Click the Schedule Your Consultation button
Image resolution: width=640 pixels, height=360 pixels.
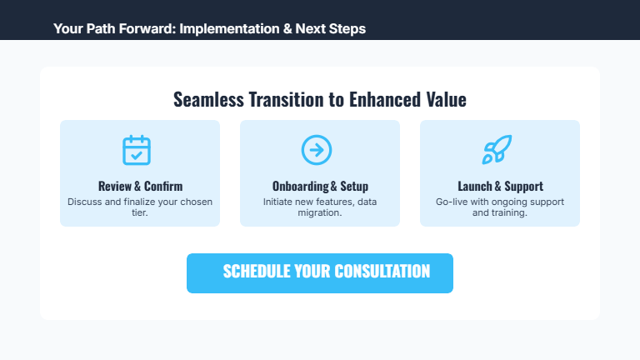319,273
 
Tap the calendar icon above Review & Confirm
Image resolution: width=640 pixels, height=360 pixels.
137,150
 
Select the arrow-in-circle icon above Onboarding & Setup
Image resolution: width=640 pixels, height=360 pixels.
317,150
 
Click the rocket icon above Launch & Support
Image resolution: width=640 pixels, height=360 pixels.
497,150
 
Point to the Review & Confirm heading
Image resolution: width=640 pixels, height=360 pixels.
140,186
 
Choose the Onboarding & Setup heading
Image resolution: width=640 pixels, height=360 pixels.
320,186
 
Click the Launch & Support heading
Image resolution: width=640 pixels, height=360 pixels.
500,186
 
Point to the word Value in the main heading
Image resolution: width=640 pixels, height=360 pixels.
446,99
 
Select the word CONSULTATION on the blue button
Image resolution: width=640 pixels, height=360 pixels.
382,272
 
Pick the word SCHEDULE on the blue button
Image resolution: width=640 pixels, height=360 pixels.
257,272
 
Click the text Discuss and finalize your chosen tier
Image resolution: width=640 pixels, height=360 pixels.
140,207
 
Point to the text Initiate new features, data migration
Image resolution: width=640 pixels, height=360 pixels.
320,207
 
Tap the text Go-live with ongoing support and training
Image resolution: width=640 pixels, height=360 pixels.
500,207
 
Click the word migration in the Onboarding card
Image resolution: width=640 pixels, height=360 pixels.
320,213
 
